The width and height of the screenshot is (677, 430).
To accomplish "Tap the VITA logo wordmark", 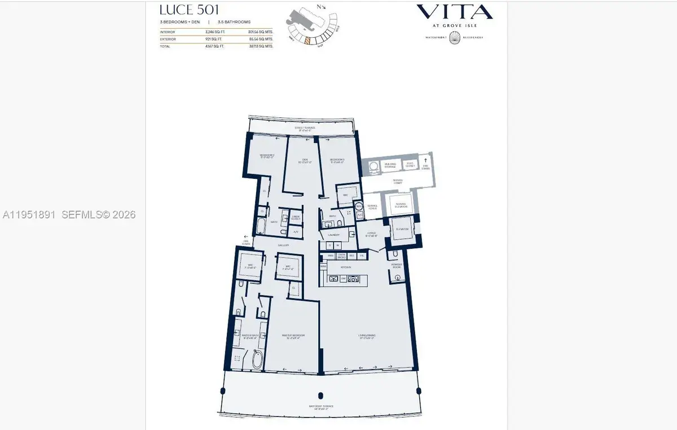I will (x=454, y=12).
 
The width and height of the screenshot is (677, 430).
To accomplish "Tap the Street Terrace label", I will (x=305, y=128).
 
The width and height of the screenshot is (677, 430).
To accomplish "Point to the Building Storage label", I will (x=391, y=164).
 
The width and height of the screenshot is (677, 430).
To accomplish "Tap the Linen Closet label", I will (x=296, y=217).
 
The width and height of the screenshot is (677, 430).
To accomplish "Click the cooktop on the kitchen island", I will (x=354, y=278).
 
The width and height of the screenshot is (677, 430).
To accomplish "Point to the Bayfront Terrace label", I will (x=320, y=406).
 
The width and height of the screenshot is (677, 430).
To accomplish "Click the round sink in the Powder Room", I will (x=398, y=277).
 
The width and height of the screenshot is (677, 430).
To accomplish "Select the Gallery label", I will (x=283, y=245).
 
